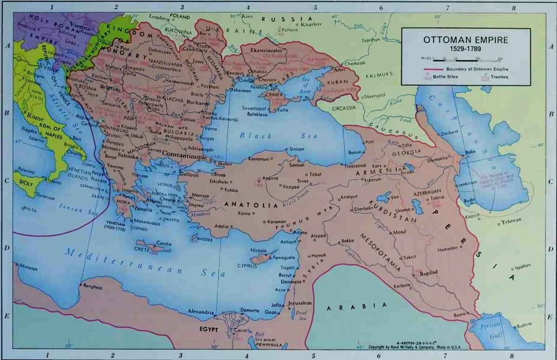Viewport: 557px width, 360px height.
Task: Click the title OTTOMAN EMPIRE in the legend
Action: point(466,40)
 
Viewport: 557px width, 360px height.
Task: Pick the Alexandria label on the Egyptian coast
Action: point(201,312)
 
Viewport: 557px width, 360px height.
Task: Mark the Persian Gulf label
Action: point(492,329)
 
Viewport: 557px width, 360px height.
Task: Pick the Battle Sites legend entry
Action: point(447,77)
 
